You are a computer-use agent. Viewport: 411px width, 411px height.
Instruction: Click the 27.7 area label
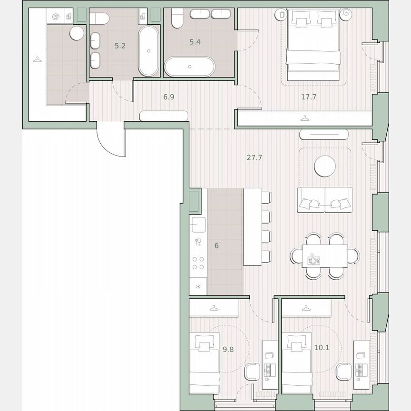click(254, 157)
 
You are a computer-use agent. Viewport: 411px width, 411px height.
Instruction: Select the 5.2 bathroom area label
click(120, 46)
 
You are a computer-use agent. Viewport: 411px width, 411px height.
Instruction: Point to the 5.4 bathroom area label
click(195, 42)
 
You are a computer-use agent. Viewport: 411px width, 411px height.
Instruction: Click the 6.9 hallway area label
click(169, 97)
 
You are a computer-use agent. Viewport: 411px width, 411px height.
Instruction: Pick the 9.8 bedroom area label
click(228, 349)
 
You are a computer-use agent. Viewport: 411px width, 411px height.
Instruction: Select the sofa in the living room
click(325, 199)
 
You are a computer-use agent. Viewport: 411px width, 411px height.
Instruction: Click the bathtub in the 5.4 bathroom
click(190, 66)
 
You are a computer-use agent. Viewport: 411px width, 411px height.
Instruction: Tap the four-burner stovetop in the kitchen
click(198, 264)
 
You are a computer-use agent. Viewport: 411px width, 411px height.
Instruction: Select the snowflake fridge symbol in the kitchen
click(198, 286)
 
